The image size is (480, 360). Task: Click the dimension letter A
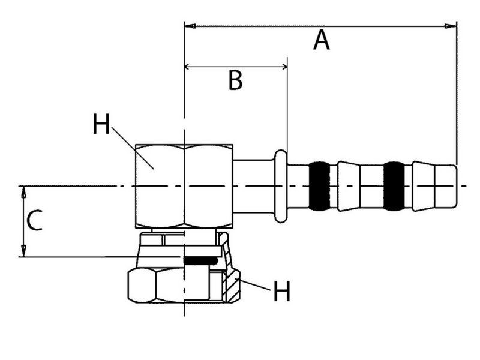tap(322, 41)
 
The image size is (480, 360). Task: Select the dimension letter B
tap(235, 80)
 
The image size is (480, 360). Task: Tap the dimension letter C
tap(35, 221)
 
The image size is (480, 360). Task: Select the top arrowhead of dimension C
tap(23, 191)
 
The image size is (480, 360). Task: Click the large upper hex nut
tap(184, 186)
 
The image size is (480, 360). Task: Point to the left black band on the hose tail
tap(319, 186)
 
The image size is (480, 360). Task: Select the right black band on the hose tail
tap(394, 186)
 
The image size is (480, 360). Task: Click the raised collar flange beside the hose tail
tap(280, 186)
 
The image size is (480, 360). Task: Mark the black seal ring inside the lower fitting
tap(200, 260)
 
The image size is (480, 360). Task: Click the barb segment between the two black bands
tap(357, 186)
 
